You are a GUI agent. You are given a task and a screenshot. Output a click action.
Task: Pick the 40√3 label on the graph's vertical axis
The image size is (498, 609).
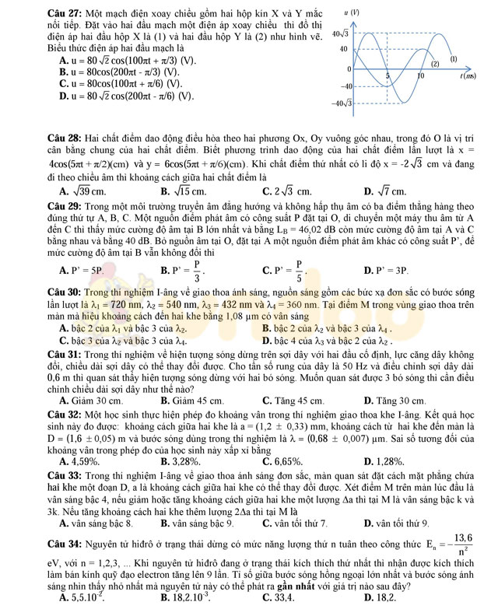(x=338, y=33)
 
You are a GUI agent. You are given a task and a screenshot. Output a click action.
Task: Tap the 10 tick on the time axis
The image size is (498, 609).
(x=420, y=77)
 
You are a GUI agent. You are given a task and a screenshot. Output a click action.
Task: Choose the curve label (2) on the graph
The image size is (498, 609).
(x=436, y=64)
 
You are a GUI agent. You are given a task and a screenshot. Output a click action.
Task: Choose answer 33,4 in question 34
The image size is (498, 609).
(x=281, y=597)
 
